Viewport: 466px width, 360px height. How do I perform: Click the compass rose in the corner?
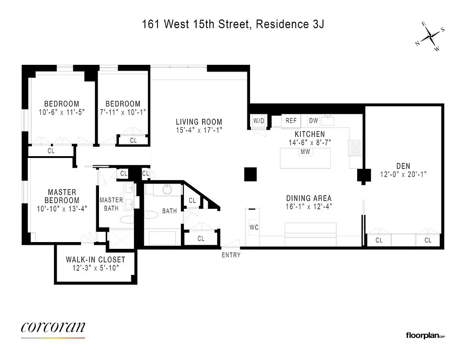[430, 36]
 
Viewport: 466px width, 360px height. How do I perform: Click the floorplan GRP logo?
[425, 335]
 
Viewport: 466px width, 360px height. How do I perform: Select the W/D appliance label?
[259, 121]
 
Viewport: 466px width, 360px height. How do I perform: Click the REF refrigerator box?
[291, 121]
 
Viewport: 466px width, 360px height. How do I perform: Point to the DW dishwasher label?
[314, 121]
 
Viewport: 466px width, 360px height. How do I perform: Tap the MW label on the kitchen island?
[305, 152]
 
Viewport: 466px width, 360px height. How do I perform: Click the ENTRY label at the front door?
[231, 255]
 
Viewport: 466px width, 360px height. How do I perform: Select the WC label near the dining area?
[254, 227]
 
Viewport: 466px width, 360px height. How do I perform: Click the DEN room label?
[403, 166]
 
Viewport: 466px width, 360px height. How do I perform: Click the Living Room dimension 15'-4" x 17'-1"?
[199, 130]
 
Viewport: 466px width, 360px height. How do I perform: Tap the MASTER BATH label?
[111, 204]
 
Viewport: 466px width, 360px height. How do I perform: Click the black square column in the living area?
[250, 174]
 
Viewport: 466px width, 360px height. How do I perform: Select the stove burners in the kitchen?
[354, 148]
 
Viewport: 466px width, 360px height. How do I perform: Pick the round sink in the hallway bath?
[167, 189]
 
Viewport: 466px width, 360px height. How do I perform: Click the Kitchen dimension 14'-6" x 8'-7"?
[309, 142]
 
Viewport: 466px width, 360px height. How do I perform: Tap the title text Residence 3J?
[290, 24]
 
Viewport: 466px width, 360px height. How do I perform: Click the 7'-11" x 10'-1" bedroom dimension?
[123, 112]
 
